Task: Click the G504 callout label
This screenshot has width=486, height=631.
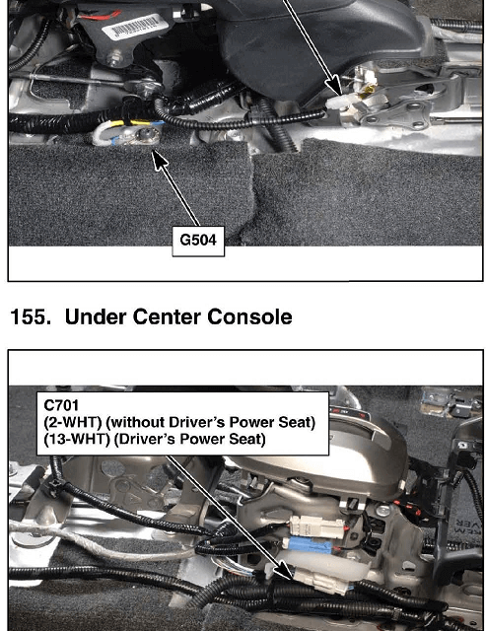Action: (198, 241)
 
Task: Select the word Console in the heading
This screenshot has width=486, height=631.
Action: (249, 316)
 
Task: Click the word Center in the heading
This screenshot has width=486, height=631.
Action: (168, 316)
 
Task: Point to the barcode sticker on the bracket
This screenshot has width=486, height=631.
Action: (130, 26)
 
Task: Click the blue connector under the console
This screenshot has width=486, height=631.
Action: (309, 544)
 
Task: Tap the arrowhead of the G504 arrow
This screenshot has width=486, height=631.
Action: (159, 161)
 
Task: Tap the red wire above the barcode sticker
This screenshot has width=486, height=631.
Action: (100, 16)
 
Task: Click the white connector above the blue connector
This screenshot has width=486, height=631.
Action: (316, 525)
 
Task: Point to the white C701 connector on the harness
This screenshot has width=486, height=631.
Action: (320, 581)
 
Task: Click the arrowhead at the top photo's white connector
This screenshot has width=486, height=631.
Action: (334, 86)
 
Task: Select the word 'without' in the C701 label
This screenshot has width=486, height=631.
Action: (137, 422)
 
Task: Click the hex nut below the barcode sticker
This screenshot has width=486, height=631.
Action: (113, 61)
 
